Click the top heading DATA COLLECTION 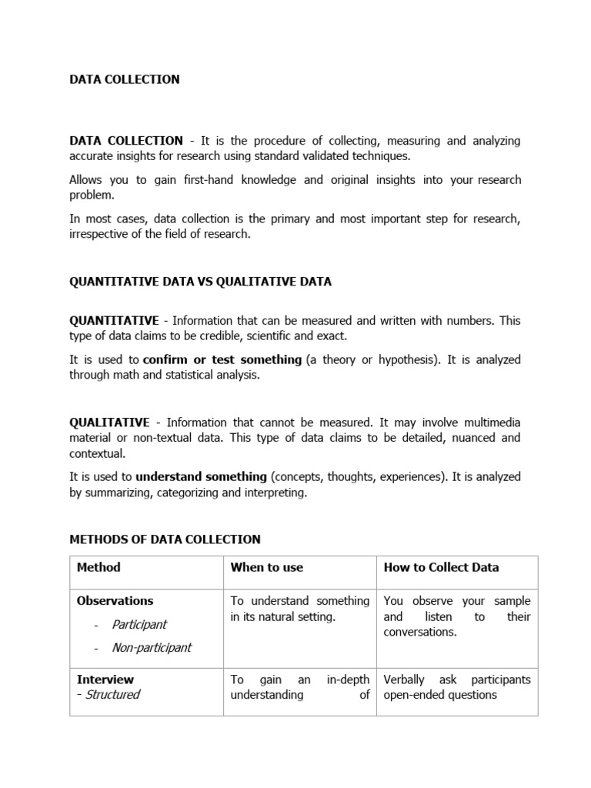pyautogui.click(x=125, y=79)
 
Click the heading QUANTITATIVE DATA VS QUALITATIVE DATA pyautogui.click(x=201, y=282)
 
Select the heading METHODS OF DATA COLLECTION pyautogui.click(x=165, y=539)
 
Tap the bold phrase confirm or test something pyautogui.click(x=222, y=359)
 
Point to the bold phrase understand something pyautogui.click(x=202, y=477)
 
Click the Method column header pyautogui.click(x=99, y=567)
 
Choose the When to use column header pyautogui.click(x=267, y=567)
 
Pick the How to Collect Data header pyautogui.click(x=442, y=567)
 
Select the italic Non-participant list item pyautogui.click(x=152, y=648)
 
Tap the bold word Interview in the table pyautogui.click(x=105, y=679)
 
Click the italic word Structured pyautogui.click(x=112, y=695)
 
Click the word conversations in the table pyautogui.click(x=420, y=633)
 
